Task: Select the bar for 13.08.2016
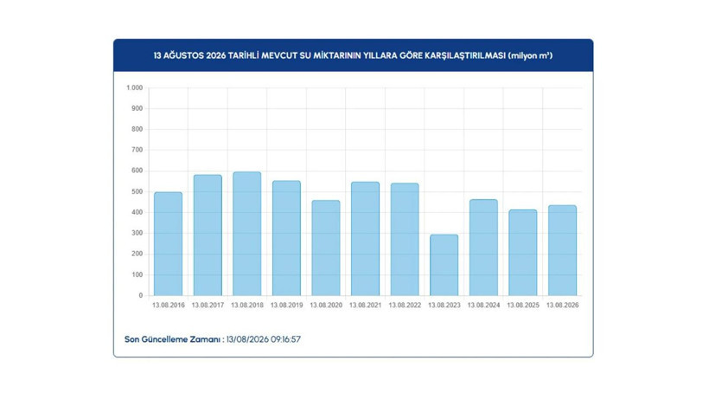click(169, 244)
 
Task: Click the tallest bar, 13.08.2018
click(247, 234)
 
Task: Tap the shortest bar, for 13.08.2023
click(444, 265)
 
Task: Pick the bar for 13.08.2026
click(563, 251)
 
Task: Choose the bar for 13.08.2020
click(326, 248)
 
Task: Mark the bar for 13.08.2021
click(366, 239)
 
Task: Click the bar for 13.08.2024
click(483, 248)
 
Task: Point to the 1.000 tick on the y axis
click(134, 87)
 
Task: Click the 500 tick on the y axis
click(137, 192)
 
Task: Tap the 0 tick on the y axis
click(141, 295)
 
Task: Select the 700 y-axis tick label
click(137, 150)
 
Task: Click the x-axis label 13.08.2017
click(208, 306)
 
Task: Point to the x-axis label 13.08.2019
click(287, 306)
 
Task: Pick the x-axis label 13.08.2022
click(405, 306)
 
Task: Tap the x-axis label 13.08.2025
click(523, 306)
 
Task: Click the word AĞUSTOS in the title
click(183, 55)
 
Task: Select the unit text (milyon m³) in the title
click(530, 55)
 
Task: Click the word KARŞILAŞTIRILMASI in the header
click(465, 55)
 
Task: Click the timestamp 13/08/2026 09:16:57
click(264, 339)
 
